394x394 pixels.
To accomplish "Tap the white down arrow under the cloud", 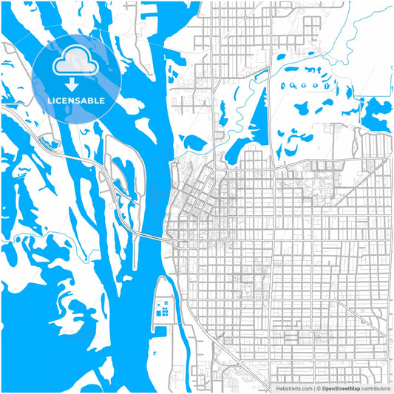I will point(76,84).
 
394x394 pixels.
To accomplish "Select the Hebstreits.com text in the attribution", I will point(294,387).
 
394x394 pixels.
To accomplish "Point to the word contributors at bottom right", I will point(376,387).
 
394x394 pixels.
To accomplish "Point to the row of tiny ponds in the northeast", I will point(310,84).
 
